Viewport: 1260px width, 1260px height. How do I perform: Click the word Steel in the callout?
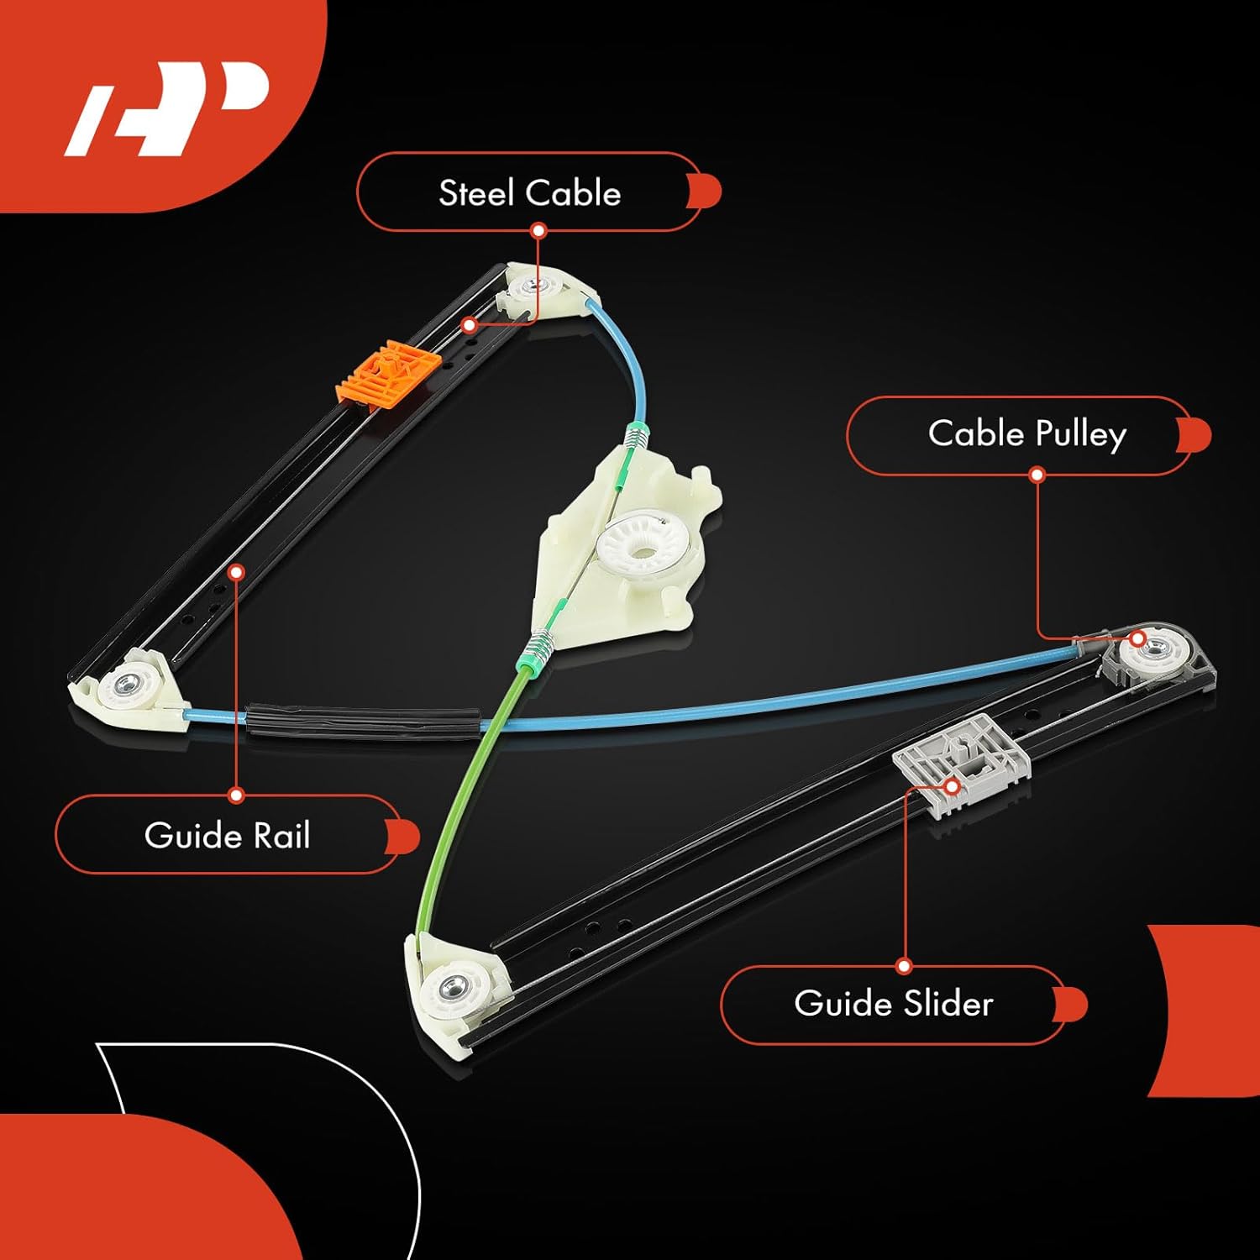click(x=476, y=193)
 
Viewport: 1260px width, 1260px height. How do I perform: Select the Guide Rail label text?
click(x=227, y=836)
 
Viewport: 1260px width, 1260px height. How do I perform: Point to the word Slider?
click(x=948, y=1004)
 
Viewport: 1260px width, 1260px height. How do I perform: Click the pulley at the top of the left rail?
click(x=533, y=288)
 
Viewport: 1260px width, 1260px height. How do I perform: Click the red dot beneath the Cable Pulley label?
click(x=1037, y=475)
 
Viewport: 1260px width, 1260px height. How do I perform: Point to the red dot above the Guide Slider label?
click(x=904, y=966)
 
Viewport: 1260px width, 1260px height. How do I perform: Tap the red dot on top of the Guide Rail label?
click(x=236, y=795)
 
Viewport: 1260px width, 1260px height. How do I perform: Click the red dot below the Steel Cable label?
click(x=538, y=230)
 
